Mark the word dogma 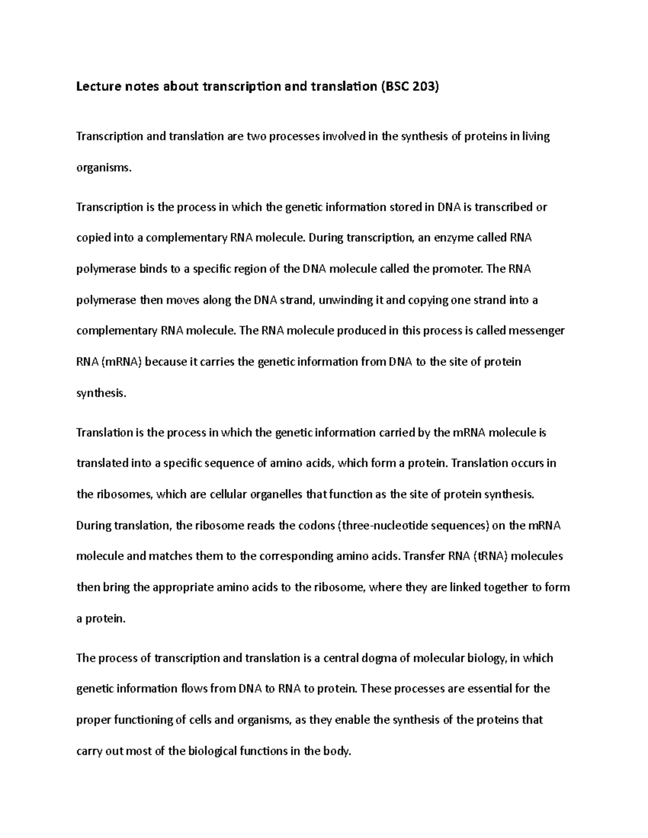[x=387, y=658]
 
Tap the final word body [x=337, y=751]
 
